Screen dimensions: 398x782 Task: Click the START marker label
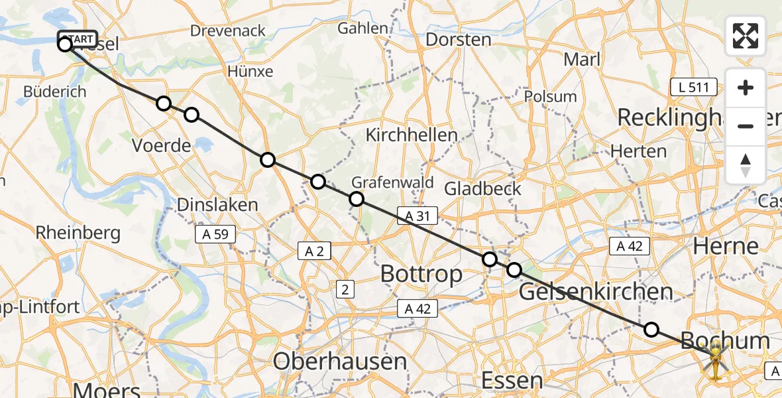click(78, 38)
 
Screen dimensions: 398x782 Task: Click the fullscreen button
click(746, 36)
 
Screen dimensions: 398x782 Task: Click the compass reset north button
click(746, 165)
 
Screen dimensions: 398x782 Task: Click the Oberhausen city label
click(339, 362)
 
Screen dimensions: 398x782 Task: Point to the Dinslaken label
click(217, 205)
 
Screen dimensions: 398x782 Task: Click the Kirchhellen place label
click(412, 135)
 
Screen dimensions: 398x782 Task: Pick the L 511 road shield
click(693, 87)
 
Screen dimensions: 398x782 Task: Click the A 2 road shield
click(314, 251)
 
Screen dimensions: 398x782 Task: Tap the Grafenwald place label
click(392, 182)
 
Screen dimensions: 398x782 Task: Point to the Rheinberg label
click(78, 233)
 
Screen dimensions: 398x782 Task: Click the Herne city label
click(725, 247)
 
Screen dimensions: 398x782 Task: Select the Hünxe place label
click(250, 72)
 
